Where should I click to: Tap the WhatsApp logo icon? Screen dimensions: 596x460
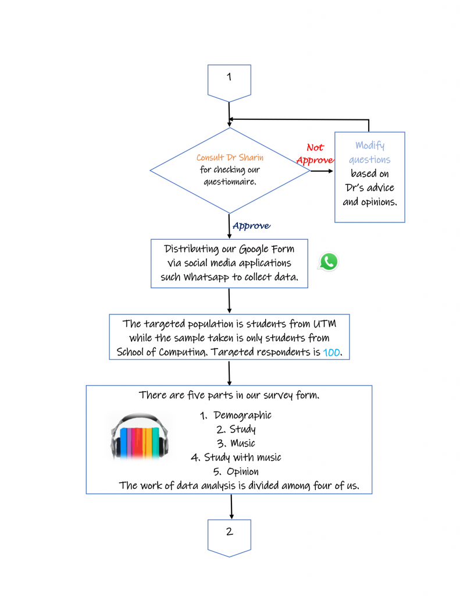[329, 262]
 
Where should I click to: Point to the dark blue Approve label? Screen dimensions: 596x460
[251, 226]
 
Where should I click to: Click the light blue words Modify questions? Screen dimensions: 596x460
[370, 152]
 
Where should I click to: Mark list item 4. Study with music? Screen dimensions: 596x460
[236, 457]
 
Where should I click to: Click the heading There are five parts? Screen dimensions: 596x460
[229, 395]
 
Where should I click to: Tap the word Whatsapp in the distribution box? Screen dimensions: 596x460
[206, 277]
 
